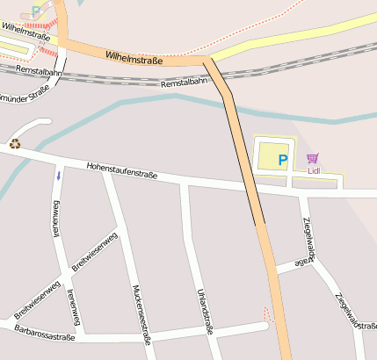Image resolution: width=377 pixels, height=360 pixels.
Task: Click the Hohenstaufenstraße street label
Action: coord(121,170)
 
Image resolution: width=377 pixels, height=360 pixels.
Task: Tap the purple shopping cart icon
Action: coord(313,158)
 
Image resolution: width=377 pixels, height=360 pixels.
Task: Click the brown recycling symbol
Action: coord(15,143)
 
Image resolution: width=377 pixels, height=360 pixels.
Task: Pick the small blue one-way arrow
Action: coord(59,176)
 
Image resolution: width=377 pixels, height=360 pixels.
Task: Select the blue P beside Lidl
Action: coord(282,160)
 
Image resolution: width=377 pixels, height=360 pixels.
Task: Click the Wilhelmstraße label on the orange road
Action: coord(134,58)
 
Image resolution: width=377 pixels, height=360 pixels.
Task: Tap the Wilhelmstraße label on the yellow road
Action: coord(25,32)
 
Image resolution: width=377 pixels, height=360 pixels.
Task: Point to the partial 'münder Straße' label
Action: coord(25,91)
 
